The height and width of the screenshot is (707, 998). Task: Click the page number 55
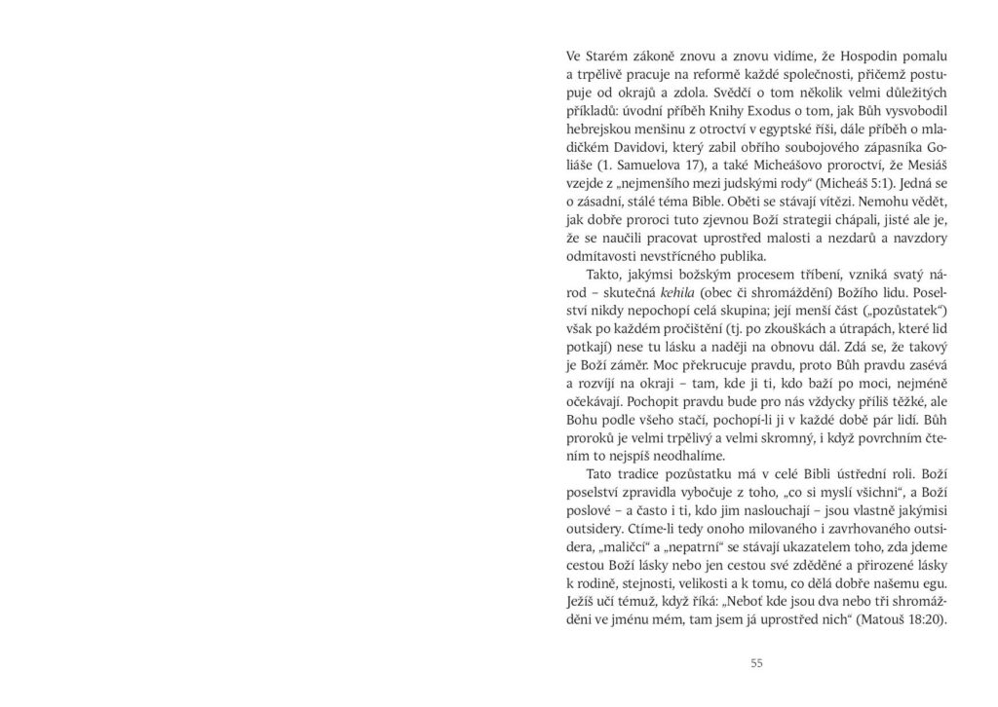click(x=756, y=664)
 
